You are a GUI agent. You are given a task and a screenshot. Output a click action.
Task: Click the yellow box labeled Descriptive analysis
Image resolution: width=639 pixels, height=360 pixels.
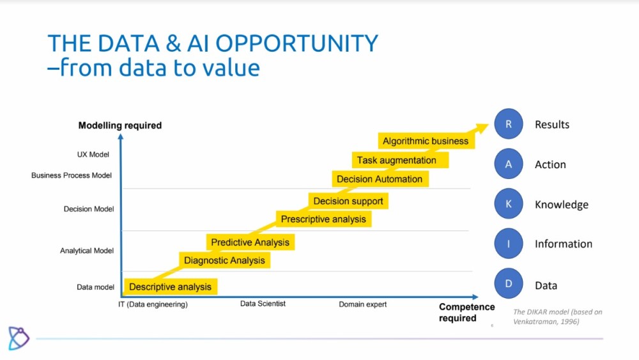coord(171,286)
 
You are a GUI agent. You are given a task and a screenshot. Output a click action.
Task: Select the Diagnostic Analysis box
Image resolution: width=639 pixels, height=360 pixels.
coord(224,260)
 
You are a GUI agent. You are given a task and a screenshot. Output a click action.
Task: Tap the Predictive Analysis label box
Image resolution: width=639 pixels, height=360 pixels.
coord(250,242)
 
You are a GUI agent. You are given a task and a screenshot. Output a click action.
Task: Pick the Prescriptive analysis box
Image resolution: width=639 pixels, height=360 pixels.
coord(323,219)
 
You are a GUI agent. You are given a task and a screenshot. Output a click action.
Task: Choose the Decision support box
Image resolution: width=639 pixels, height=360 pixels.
coord(348,201)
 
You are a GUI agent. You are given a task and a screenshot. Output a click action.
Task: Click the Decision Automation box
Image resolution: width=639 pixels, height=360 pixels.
coord(380,179)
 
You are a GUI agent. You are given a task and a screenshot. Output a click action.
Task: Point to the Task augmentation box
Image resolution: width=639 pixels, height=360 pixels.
coord(400,160)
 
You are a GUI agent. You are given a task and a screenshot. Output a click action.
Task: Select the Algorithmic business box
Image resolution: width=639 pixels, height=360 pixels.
coord(426,141)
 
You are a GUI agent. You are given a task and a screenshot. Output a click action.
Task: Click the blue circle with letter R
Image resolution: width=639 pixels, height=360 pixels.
coord(509,124)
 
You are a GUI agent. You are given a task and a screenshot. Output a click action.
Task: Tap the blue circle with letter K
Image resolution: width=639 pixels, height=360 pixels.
coord(509,204)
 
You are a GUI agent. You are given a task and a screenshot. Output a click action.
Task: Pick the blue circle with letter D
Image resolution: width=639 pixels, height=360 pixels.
coord(509,284)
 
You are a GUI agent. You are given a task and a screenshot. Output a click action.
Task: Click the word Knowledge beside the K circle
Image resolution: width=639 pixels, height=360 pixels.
coord(562,205)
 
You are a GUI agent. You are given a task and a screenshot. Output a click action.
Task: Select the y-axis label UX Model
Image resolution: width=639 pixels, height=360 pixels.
coord(93,155)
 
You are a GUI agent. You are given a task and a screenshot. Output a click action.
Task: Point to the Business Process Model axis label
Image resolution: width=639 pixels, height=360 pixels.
coord(72,175)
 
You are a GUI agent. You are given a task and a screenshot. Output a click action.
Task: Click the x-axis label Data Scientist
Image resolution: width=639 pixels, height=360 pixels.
coord(263,304)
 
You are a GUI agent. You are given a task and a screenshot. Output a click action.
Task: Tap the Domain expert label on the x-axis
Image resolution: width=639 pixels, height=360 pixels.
coord(363,304)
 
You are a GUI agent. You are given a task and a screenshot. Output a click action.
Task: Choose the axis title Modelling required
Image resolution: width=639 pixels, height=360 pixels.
coord(120,125)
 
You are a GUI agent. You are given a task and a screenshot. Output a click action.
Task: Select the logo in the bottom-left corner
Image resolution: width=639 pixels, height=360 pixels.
coord(19,338)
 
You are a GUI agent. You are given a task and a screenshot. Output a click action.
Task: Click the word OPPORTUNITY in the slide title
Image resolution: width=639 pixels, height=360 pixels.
coord(296,43)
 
